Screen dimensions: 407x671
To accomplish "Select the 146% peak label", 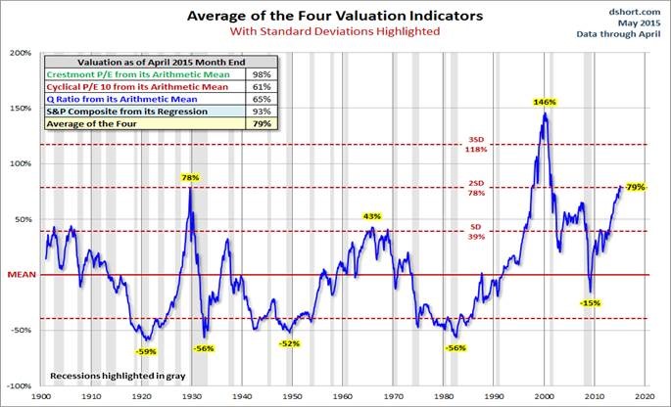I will point(545,102).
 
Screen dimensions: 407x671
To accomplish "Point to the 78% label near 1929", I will point(190,178).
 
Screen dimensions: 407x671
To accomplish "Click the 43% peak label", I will point(372,216).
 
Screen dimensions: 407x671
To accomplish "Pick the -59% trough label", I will point(144,350).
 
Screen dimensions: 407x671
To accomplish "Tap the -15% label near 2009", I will point(590,302).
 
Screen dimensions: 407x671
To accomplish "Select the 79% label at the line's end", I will point(635,187).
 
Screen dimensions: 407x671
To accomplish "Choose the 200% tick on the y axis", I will point(21,53).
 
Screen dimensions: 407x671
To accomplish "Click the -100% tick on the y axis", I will point(20,385).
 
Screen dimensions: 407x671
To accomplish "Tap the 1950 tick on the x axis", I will point(293,397).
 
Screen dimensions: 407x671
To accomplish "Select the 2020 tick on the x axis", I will point(645,397).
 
